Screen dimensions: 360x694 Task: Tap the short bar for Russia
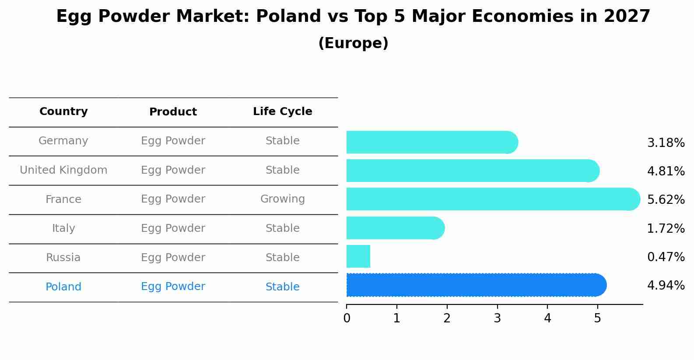[x=358, y=256]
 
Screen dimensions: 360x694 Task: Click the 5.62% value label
[x=666, y=200]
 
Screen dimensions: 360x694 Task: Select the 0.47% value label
[x=666, y=257]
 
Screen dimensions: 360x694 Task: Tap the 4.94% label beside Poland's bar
[x=666, y=286]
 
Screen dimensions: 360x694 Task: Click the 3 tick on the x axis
[x=497, y=318]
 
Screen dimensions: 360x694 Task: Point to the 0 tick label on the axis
[x=347, y=318]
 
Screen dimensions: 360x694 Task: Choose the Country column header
[x=63, y=112]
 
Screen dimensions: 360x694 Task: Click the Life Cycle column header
[x=282, y=112]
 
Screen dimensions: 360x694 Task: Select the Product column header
[x=173, y=112]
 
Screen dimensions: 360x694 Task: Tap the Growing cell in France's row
[x=282, y=199]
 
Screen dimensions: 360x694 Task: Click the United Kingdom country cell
[x=63, y=170]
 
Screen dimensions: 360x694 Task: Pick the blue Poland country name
[x=63, y=287]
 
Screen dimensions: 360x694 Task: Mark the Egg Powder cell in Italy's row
[x=173, y=228]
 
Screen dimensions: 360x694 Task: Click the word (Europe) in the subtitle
[x=353, y=43]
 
